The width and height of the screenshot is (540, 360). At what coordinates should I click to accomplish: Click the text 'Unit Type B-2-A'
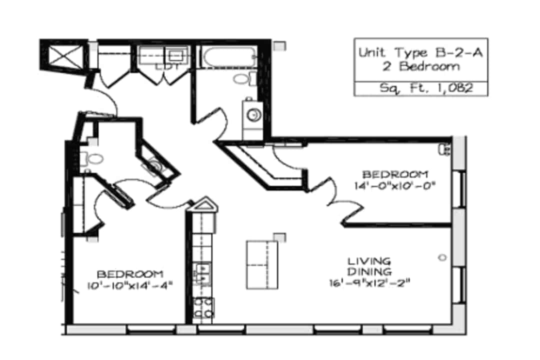[420, 52]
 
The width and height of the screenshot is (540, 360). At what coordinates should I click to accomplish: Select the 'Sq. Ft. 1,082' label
[426, 88]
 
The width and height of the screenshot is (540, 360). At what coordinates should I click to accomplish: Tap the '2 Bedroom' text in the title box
[421, 66]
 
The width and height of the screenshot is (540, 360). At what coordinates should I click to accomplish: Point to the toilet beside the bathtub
[245, 79]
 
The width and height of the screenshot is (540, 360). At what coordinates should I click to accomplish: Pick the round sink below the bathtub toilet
[254, 114]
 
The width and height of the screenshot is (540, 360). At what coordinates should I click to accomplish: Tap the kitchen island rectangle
[262, 265]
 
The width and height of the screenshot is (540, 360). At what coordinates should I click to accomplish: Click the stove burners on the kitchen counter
[203, 308]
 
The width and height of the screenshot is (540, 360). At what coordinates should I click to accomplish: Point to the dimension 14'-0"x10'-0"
[395, 186]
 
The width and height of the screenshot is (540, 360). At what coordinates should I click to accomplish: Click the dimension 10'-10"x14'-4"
[129, 285]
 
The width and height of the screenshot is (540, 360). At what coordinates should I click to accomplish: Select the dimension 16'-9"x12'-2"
[369, 283]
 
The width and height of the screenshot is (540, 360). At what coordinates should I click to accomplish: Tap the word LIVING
[369, 261]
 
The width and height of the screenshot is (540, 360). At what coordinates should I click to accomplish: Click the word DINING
[369, 272]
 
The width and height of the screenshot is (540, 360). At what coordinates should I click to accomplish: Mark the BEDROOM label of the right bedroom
[395, 174]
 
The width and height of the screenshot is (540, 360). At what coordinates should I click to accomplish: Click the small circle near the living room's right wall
[442, 257]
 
